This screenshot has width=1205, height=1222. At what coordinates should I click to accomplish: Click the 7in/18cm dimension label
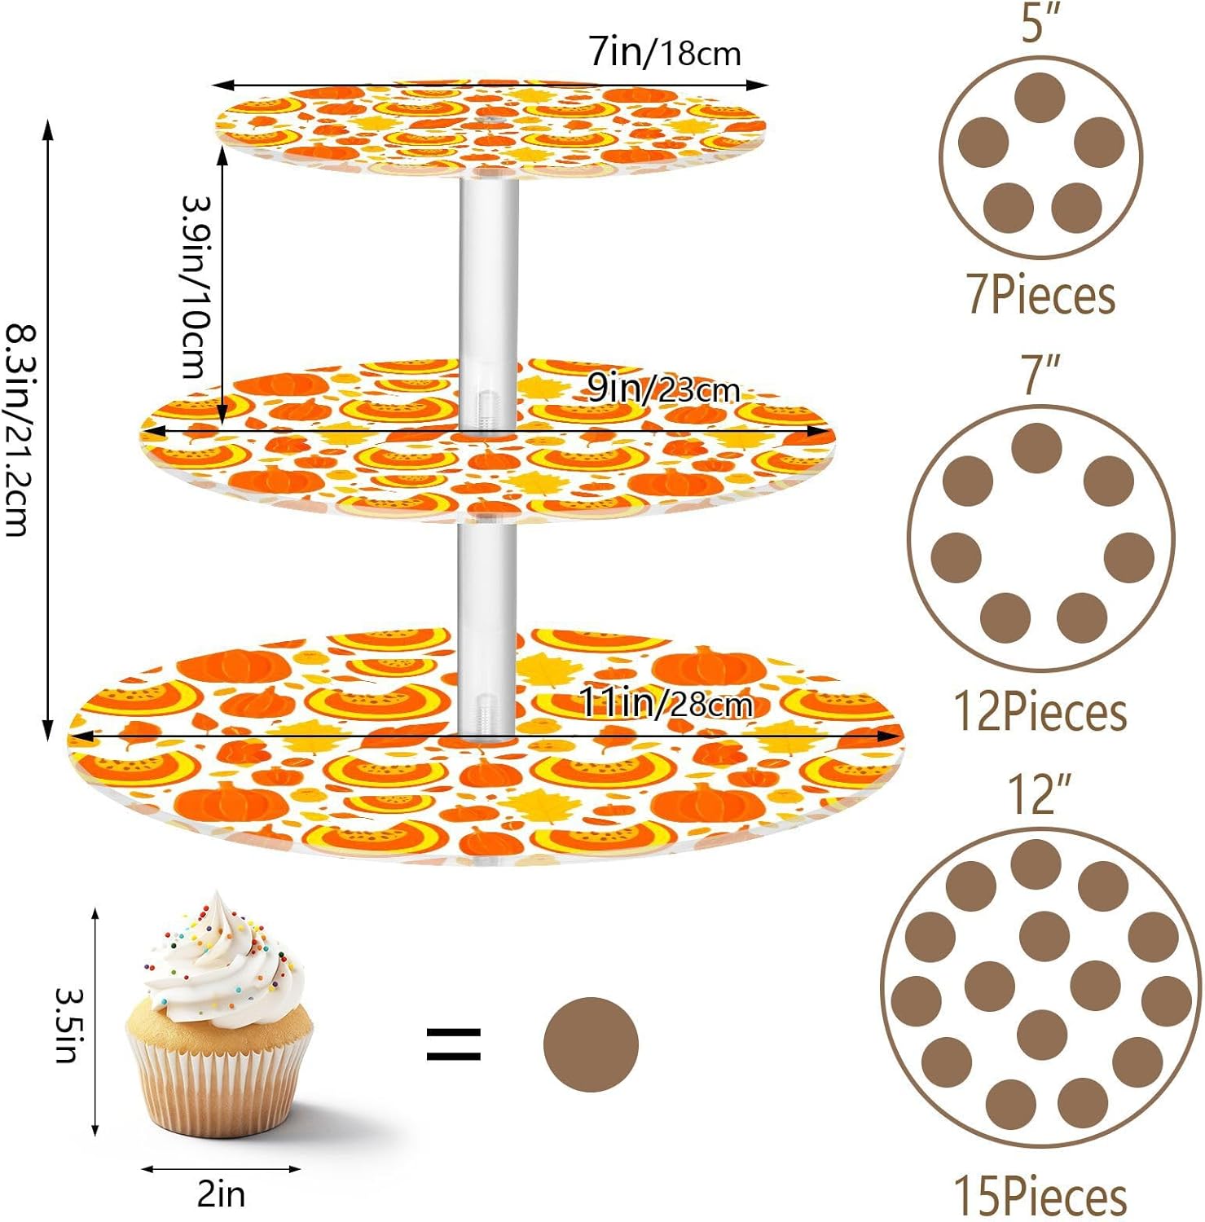coord(665,53)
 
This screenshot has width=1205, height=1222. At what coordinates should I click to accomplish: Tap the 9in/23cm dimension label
coord(664,389)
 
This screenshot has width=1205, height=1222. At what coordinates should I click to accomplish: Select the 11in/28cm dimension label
coord(665,703)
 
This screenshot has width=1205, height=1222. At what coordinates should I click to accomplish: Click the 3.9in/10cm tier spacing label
coord(196,287)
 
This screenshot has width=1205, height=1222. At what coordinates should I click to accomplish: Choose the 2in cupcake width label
coord(221,1193)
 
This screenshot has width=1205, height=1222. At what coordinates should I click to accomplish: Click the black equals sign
coord(454,1044)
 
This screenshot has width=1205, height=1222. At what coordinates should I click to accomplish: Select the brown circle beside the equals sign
coord(591,1044)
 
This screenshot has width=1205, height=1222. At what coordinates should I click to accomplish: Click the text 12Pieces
coord(1040,711)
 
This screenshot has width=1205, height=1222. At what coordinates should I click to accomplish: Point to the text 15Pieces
coord(1040,1195)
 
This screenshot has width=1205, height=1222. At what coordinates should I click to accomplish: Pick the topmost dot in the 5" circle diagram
coord(1040,98)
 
